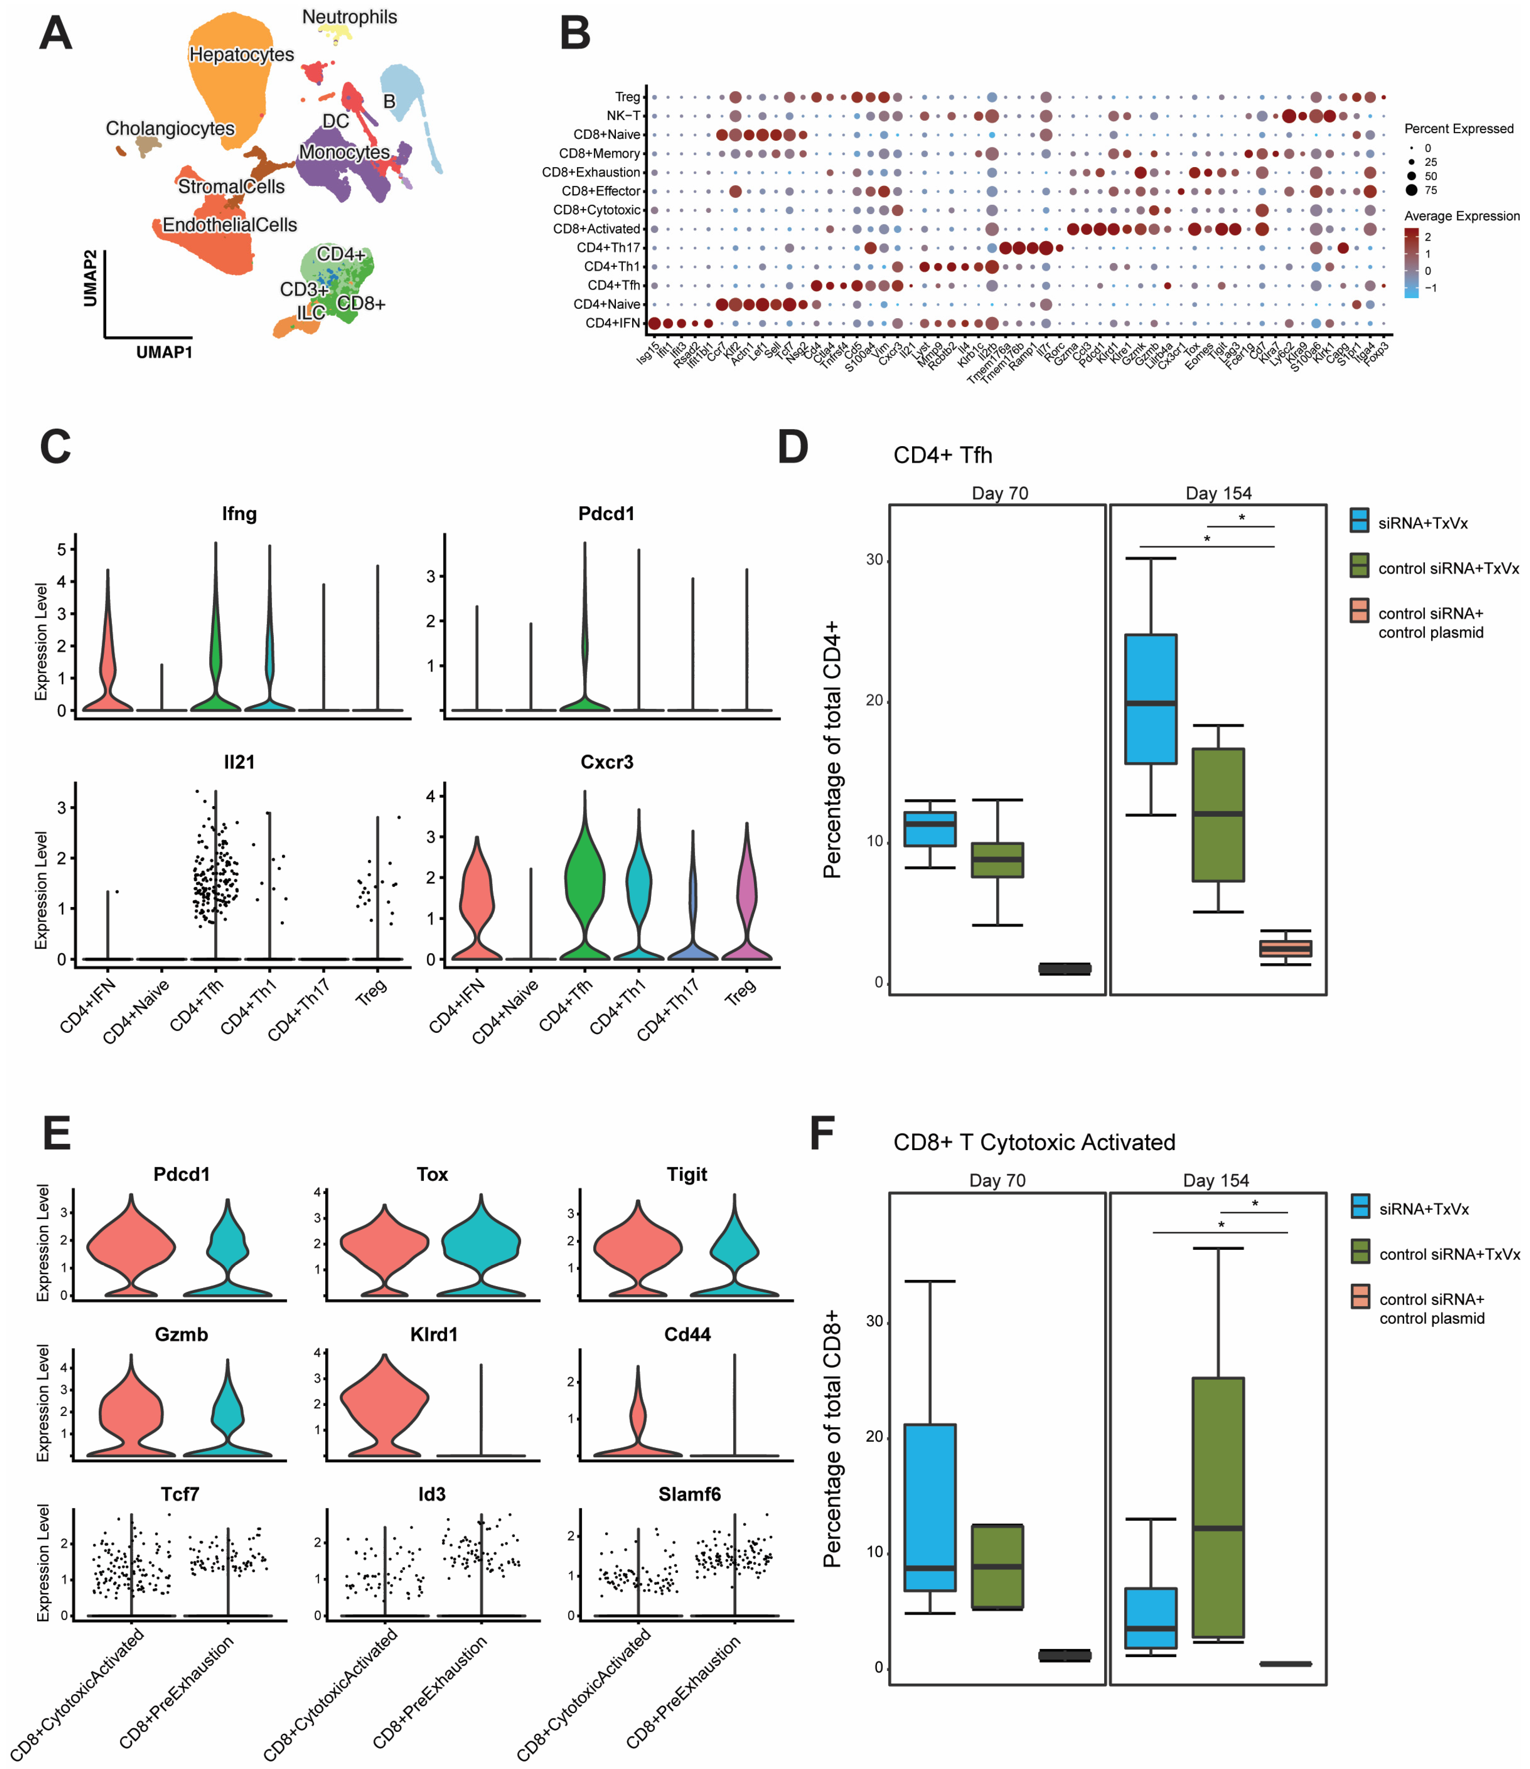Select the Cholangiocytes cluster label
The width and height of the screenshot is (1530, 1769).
pos(170,129)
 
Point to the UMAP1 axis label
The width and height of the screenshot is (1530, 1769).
pos(164,352)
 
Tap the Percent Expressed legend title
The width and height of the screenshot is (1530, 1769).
pos(1458,129)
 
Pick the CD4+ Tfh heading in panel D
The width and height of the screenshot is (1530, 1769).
pos(943,455)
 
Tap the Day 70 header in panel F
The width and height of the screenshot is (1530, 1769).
pos(997,1181)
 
